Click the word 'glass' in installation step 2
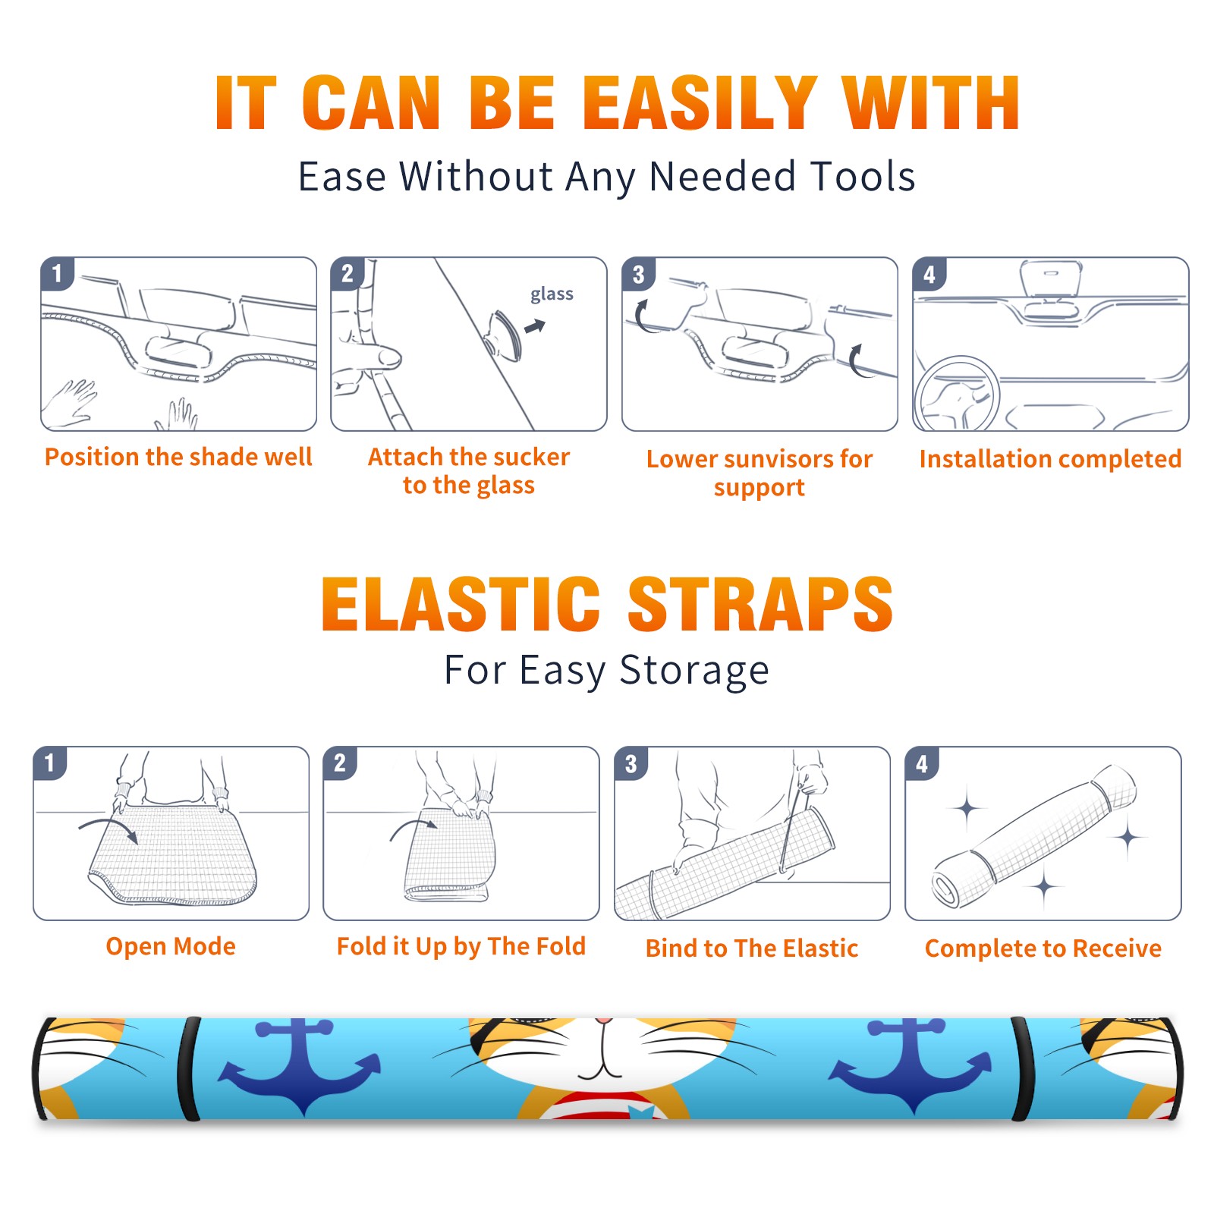click(552, 294)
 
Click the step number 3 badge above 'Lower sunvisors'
click(638, 274)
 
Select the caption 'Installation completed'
click(1050, 458)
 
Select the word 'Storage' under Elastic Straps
click(694, 671)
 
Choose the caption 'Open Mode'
click(171, 946)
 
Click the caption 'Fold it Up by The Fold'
click(461, 946)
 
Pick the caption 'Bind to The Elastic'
click(752, 948)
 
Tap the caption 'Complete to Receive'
click(1043, 948)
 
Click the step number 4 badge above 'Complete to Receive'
click(922, 763)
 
